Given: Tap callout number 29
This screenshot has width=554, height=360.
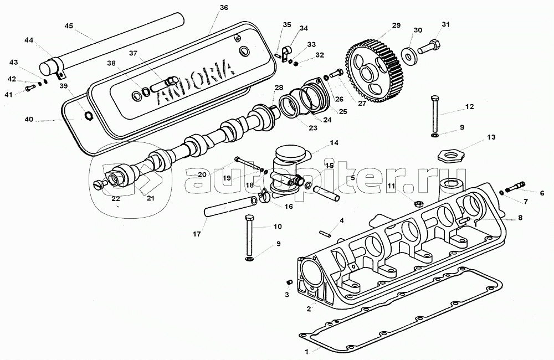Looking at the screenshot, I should tap(396, 26).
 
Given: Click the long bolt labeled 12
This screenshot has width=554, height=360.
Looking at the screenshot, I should tap(435, 114).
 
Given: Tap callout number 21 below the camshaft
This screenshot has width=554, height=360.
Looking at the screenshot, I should tap(150, 198).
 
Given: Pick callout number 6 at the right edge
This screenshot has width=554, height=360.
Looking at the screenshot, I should tap(542, 193).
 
